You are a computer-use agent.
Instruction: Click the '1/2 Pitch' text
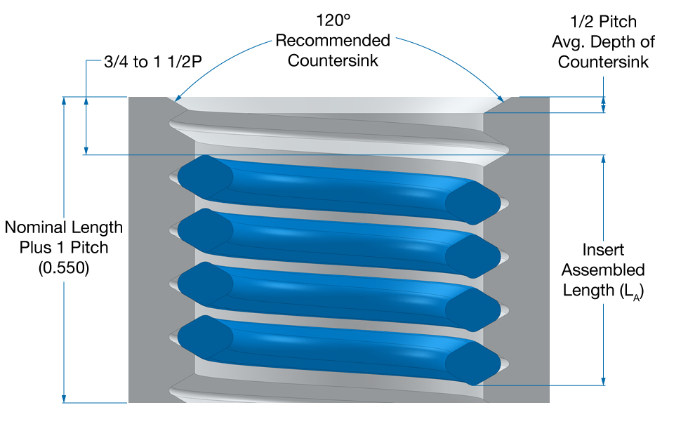coord(603,22)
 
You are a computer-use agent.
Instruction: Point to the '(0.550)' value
coord(63,267)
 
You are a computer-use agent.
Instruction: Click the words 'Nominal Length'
coord(63,228)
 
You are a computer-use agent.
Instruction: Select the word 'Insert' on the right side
coord(603,250)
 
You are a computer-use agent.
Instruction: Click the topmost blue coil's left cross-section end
coord(204,173)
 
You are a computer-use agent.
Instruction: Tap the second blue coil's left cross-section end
coord(204,227)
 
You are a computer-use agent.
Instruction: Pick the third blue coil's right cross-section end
coord(472,306)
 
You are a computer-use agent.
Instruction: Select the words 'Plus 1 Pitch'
coord(63,248)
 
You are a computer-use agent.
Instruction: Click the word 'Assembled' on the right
coord(603,270)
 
